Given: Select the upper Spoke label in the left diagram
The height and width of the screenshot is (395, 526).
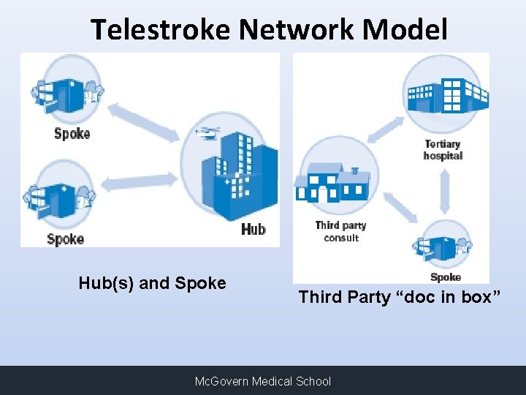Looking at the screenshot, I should pyautogui.click(x=72, y=133).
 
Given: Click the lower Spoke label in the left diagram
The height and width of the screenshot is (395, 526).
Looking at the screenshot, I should pyautogui.click(x=65, y=238).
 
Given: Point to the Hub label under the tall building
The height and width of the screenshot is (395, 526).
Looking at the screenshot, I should pyautogui.click(x=253, y=230).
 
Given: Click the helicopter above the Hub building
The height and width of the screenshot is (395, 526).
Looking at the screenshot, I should pyautogui.click(x=208, y=133).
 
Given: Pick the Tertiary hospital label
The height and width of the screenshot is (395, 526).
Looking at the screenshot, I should pyautogui.click(x=443, y=149).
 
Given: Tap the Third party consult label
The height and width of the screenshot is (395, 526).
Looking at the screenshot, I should pyautogui.click(x=340, y=231).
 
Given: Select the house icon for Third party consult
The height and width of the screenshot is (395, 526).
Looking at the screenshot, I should pyautogui.click(x=332, y=183).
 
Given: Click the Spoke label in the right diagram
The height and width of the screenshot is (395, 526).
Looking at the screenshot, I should pyautogui.click(x=445, y=277).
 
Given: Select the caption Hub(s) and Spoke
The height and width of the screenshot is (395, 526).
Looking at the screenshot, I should pyautogui.click(x=152, y=283).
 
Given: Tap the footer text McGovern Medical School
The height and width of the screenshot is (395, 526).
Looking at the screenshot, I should pyautogui.click(x=262, y=381).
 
